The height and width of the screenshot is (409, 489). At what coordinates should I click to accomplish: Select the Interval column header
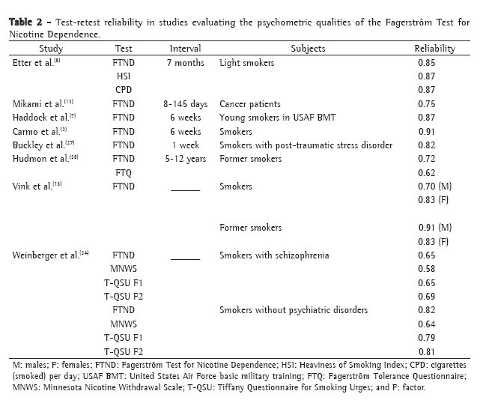click(185, 49)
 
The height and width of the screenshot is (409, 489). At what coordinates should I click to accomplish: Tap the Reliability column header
click(434, 49)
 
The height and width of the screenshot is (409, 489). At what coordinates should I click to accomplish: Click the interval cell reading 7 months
click(185, 63)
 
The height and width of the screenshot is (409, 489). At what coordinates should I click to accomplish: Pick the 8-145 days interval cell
click(185, 104)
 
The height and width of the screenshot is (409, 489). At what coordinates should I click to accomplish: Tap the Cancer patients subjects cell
click(250, 104)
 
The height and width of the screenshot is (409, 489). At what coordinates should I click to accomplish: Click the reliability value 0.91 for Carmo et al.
click(427, 132)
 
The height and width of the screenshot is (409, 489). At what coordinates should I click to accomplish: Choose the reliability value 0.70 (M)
click(433, 187)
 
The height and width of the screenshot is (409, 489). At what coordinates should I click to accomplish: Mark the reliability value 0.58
click(427, 269)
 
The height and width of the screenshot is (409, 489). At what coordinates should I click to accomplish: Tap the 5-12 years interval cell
click(185, 159)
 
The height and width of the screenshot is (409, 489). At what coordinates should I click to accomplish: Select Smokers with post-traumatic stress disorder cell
click(306, 145)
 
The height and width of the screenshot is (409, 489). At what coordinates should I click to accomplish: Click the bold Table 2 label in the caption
click(28, 22)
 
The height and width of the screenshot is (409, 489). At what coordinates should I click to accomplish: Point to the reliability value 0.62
click(427, 172)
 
